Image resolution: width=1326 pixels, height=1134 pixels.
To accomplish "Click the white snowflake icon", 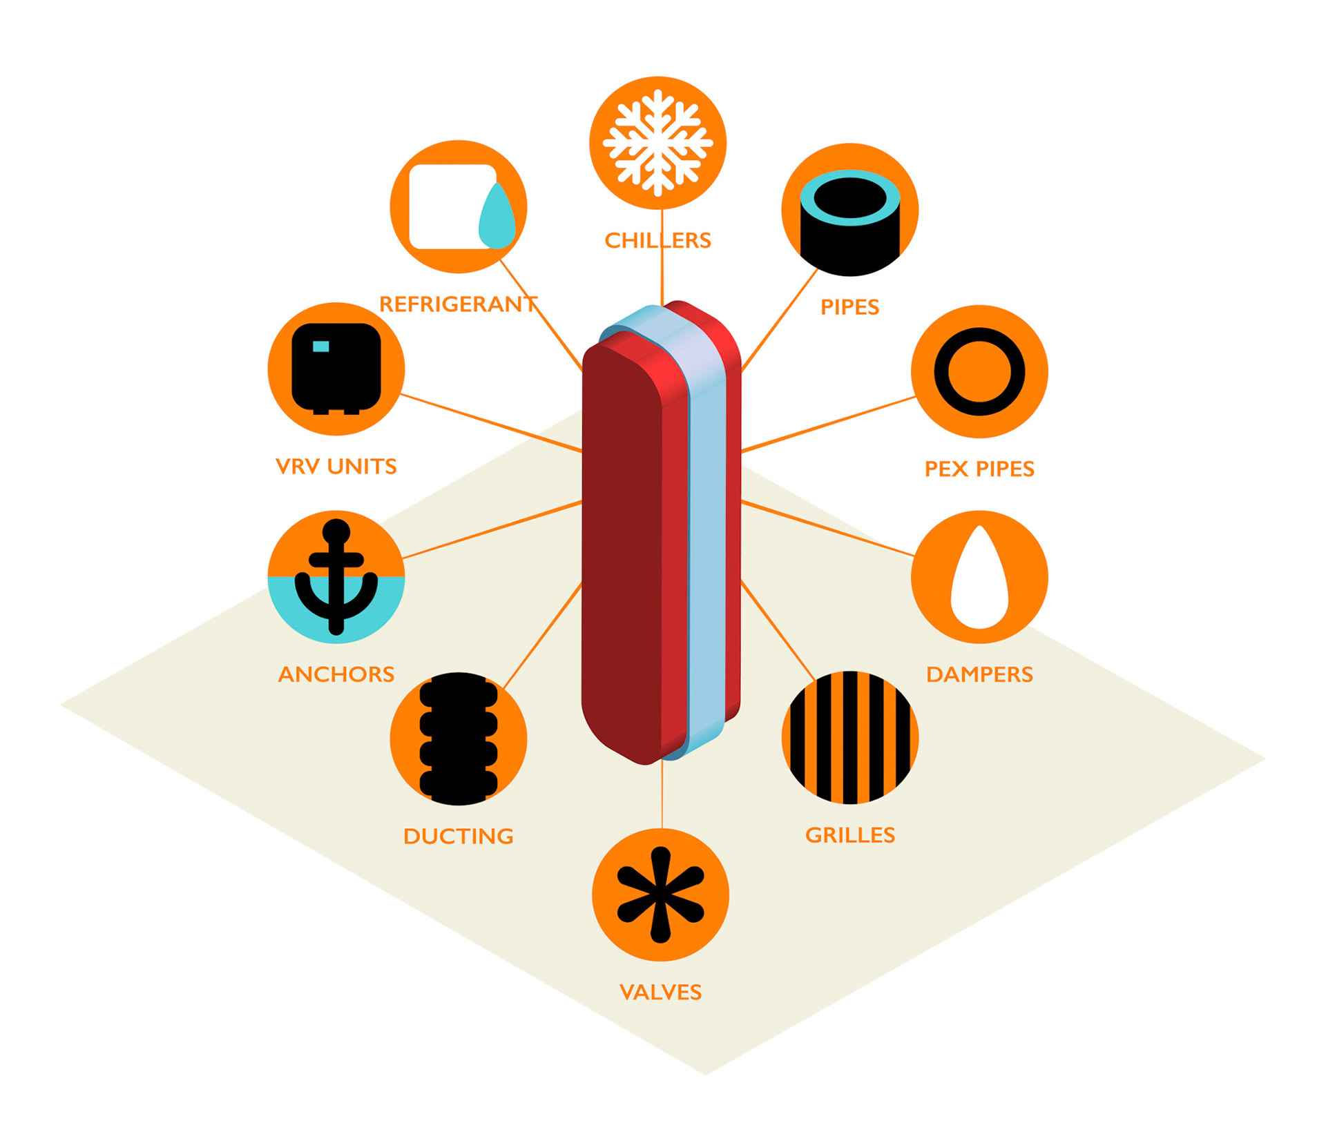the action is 657,143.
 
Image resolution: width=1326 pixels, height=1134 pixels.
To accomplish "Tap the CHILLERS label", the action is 657,240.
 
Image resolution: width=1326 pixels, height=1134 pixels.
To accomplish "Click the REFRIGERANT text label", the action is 458,304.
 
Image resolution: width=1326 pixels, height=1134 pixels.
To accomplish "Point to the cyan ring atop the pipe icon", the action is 849,181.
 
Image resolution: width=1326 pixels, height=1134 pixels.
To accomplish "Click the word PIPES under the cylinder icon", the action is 849,307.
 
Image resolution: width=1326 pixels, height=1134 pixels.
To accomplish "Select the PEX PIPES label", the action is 979,469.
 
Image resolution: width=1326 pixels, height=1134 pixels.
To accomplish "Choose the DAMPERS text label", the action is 979,674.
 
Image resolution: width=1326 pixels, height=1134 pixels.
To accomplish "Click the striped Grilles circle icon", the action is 849,737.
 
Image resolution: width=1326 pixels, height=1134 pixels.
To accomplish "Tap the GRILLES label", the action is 849,835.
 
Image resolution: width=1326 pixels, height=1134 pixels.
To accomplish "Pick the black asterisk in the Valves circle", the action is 660,895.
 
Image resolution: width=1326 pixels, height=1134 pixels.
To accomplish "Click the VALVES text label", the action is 660,993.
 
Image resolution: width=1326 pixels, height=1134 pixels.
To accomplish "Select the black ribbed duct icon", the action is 458,739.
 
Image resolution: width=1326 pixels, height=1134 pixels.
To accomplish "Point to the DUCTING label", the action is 458,837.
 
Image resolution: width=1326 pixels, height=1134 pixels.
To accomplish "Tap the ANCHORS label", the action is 336,674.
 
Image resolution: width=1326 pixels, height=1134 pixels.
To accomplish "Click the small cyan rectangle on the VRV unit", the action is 321,346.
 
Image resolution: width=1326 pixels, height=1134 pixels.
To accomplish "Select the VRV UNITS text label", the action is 336,467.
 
